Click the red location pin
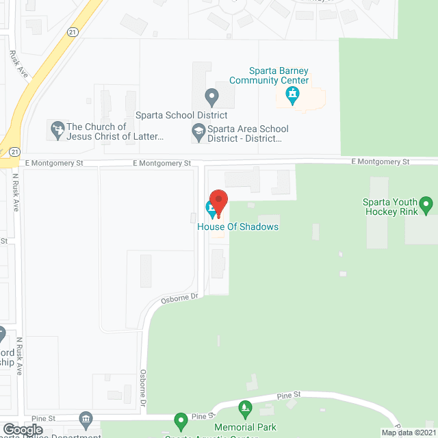pyautogui.click(x=218, y=201)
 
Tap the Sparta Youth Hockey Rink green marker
pyautogui.click(x=426, y=203)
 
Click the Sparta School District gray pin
pyautogui.click(x=212, y=96)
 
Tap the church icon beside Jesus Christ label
pyautogui.click(x=56, y=128)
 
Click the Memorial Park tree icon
pyautogui.click(x=245, y=411)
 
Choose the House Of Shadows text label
pyautogui.click(x=238, y=227)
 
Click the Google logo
pyautogui.click(x=23, y=429)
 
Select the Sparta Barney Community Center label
pyautogui.click(x=279, y=75)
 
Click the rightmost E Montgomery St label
pyautogui.click(x=380, y=162)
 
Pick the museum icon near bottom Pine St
pyautogui.click(x=85, y=418)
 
